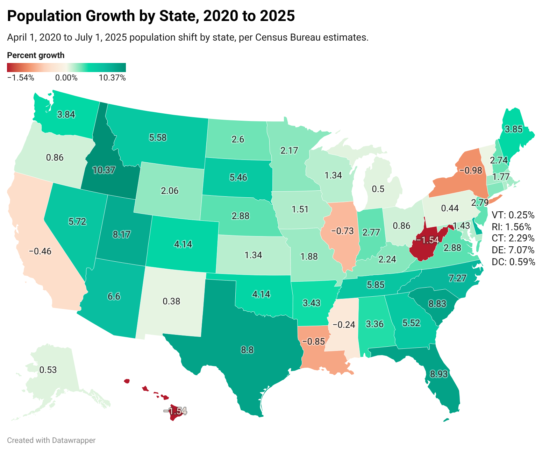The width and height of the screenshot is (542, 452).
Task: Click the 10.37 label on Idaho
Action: pyautogui.click(x=104, y=170)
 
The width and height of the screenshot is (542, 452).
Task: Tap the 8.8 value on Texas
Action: pyautogui.click(x=247, y=349)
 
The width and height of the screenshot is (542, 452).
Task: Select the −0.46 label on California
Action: pyautogui.click(x=40, y=251)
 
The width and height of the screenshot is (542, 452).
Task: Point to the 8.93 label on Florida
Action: pyautogui.click(x=438, y=374)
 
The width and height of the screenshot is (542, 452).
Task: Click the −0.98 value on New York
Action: pyautogui.click(x=471, y=170)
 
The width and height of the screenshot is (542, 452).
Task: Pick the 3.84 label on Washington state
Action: pyautogui.click(x=66, y=114)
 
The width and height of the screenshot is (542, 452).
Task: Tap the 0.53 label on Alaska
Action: pyautogui.click(x=48, y=370)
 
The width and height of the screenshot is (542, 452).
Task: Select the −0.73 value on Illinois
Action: pyautogui.click(x=342, y=231)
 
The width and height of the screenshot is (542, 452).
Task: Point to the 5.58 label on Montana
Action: pyautogui.click(x=157, y=137)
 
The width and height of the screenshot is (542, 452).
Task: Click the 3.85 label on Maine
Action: pyautogui.click(x=513, y=129)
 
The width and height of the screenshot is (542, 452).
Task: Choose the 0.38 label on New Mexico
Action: pyautogui.click(x=171, y=301)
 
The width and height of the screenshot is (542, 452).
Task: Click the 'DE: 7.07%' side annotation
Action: pyautogui.click(x=513, y=250)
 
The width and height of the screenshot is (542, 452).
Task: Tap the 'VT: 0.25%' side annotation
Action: pyautogui.click(x=513, y=214)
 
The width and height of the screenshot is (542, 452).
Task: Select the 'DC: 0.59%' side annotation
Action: pyautogui.click(x=513, y=262)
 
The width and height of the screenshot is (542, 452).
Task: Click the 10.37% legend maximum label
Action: pyautogui.click(x=112, y=78)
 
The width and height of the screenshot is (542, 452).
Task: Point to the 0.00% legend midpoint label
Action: pyautogui.click(x=66, y=78)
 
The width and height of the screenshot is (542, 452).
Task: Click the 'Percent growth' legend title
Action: pyautogui.click(x=36, y=55)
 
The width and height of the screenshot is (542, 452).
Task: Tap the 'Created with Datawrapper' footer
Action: pyautogui.click(x=51, y=440)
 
